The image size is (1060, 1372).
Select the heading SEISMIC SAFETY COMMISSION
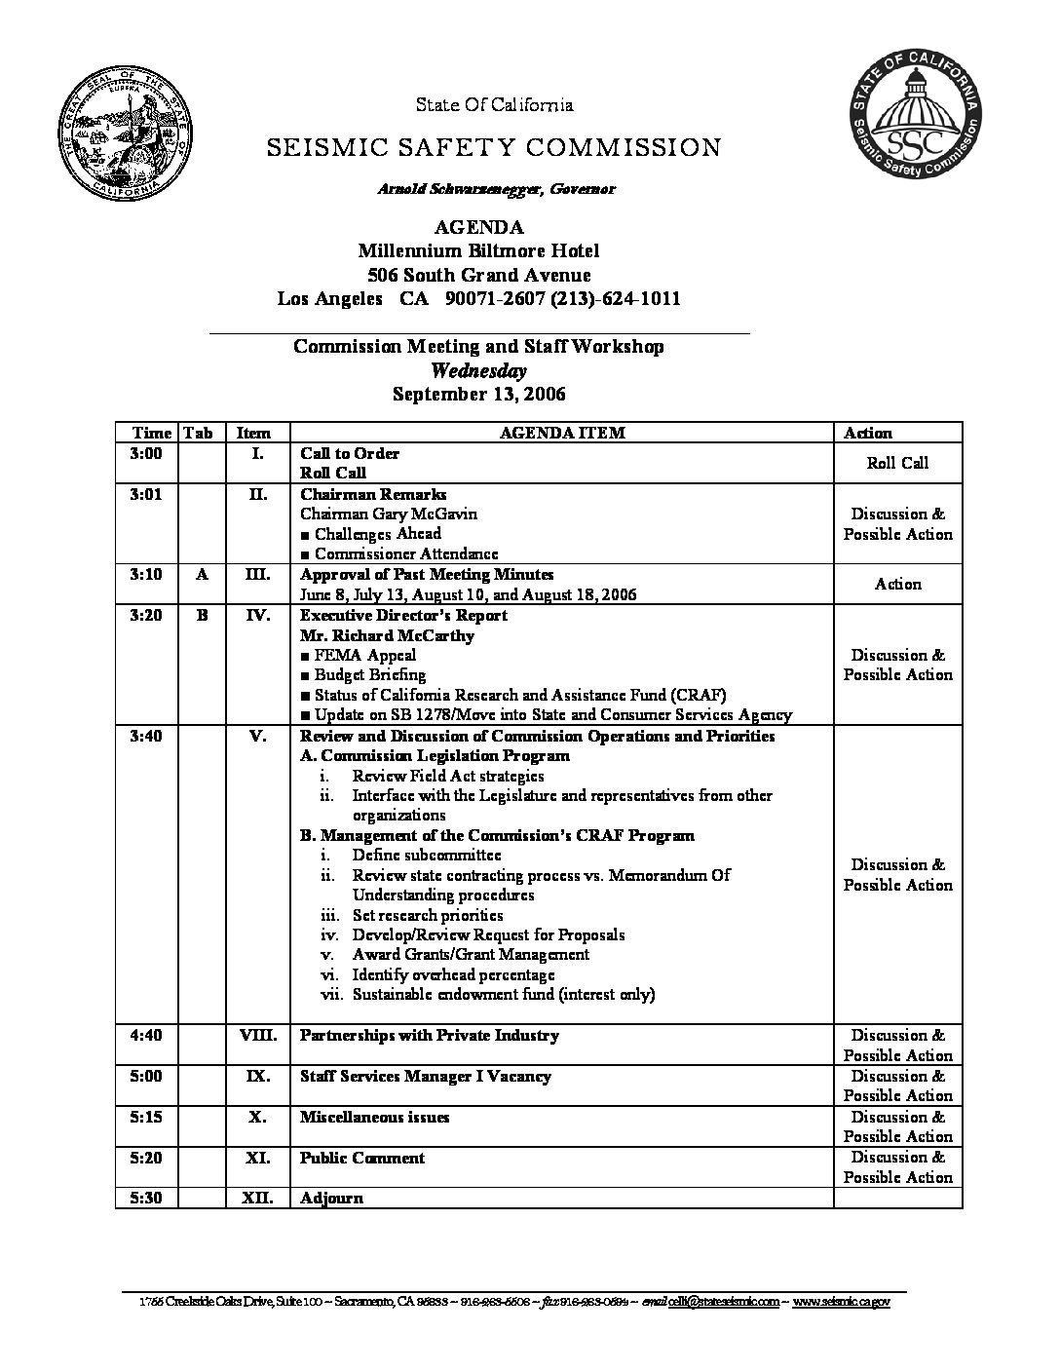(494, 147)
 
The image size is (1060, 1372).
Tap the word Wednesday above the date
(478, 370)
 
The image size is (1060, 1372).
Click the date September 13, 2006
(478, 394)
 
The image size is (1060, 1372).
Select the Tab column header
(198, 433)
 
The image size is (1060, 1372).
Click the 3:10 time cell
(146, 574)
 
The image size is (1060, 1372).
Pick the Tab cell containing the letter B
(202, 615)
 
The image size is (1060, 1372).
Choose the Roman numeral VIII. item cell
(258, 1035)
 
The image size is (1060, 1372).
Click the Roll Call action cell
(897, 463)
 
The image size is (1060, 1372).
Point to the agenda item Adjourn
(331, 1198)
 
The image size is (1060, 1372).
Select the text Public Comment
(362, 1158)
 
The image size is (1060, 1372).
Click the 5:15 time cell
(146, 1117)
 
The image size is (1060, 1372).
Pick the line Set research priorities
(428, 915)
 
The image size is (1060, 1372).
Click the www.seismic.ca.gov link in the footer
(841, 1302)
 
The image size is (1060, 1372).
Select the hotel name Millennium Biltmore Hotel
(478, 250)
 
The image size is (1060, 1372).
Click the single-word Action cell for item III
(897, 584)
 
